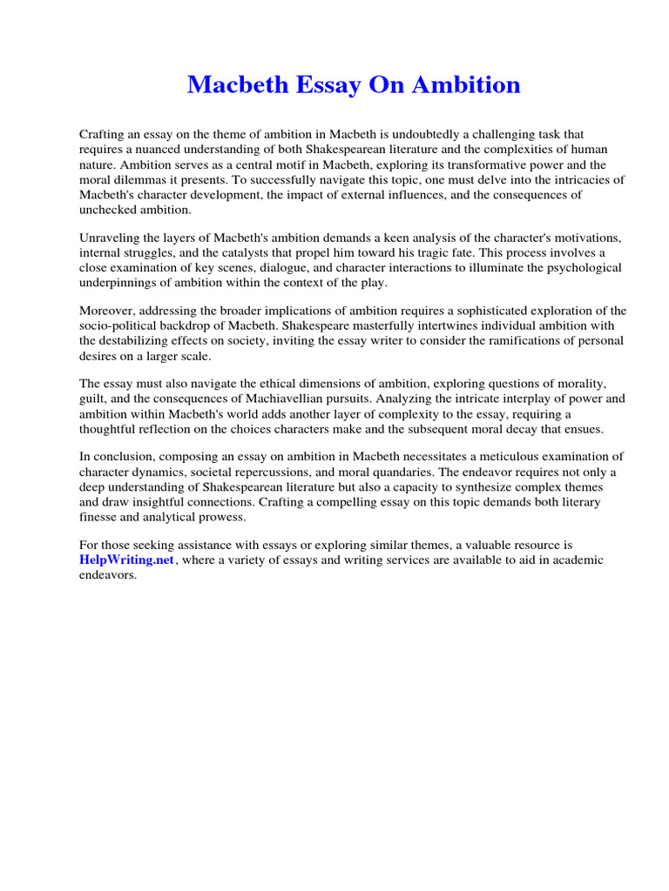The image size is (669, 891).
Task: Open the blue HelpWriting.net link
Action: [x=127, y=560]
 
